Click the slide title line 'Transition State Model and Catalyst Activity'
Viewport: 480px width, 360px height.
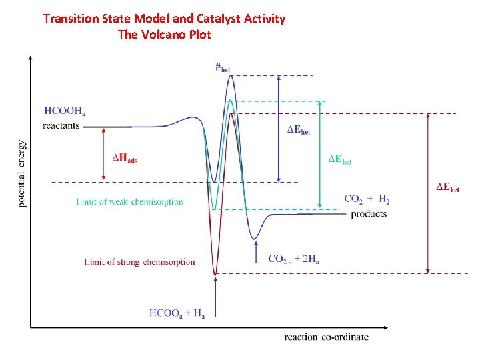[164, 19]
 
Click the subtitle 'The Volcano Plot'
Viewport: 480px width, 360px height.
[164, 34]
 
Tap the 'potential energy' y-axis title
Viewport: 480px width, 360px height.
[23, 173]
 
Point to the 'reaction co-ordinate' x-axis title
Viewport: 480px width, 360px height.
[326, 337]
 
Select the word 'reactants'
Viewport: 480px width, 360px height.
[61, 125]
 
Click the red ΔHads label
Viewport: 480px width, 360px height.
[125, 158]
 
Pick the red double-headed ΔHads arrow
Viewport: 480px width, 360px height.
[103, 154]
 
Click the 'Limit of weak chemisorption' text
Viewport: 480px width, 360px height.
[129, 201]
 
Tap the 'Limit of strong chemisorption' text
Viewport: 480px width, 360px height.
[139, 262]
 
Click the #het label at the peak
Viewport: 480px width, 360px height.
[223, 67]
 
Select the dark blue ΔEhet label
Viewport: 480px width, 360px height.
[298, 130]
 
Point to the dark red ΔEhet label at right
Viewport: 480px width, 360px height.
[447, 187]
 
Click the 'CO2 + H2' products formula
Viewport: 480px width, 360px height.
[367, 199]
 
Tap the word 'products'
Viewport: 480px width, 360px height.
[369, 214]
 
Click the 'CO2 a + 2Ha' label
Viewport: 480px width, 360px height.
[293, 259]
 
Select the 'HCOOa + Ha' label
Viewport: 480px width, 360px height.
[177, 313]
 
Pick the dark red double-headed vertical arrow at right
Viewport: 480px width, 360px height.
[427, 193]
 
